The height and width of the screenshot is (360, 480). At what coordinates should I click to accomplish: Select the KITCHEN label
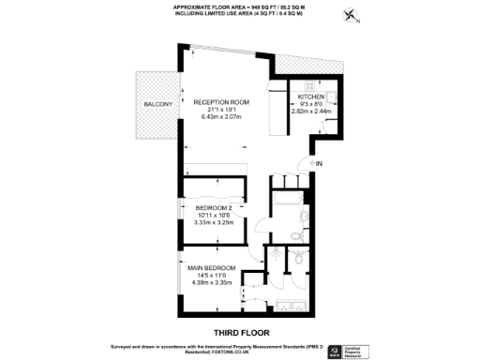point(311,97)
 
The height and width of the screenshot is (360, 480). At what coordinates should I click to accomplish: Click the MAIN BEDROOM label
point(210,267)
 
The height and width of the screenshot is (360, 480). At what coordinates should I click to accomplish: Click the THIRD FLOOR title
point(240,331)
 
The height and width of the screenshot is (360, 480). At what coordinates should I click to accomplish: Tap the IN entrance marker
point(319,165)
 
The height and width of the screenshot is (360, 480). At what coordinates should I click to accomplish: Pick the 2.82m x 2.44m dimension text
point(311,111)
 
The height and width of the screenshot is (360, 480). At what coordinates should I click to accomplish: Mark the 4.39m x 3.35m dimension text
point(210,282)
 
